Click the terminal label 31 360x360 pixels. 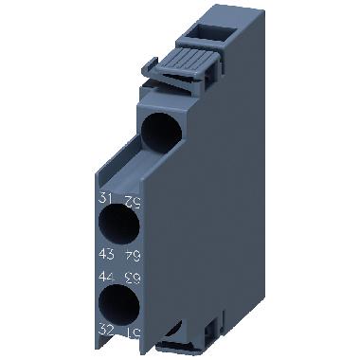(x=103, y=198)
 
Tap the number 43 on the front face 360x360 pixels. (x=103, y=254)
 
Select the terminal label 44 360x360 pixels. (x=103, y=276)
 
